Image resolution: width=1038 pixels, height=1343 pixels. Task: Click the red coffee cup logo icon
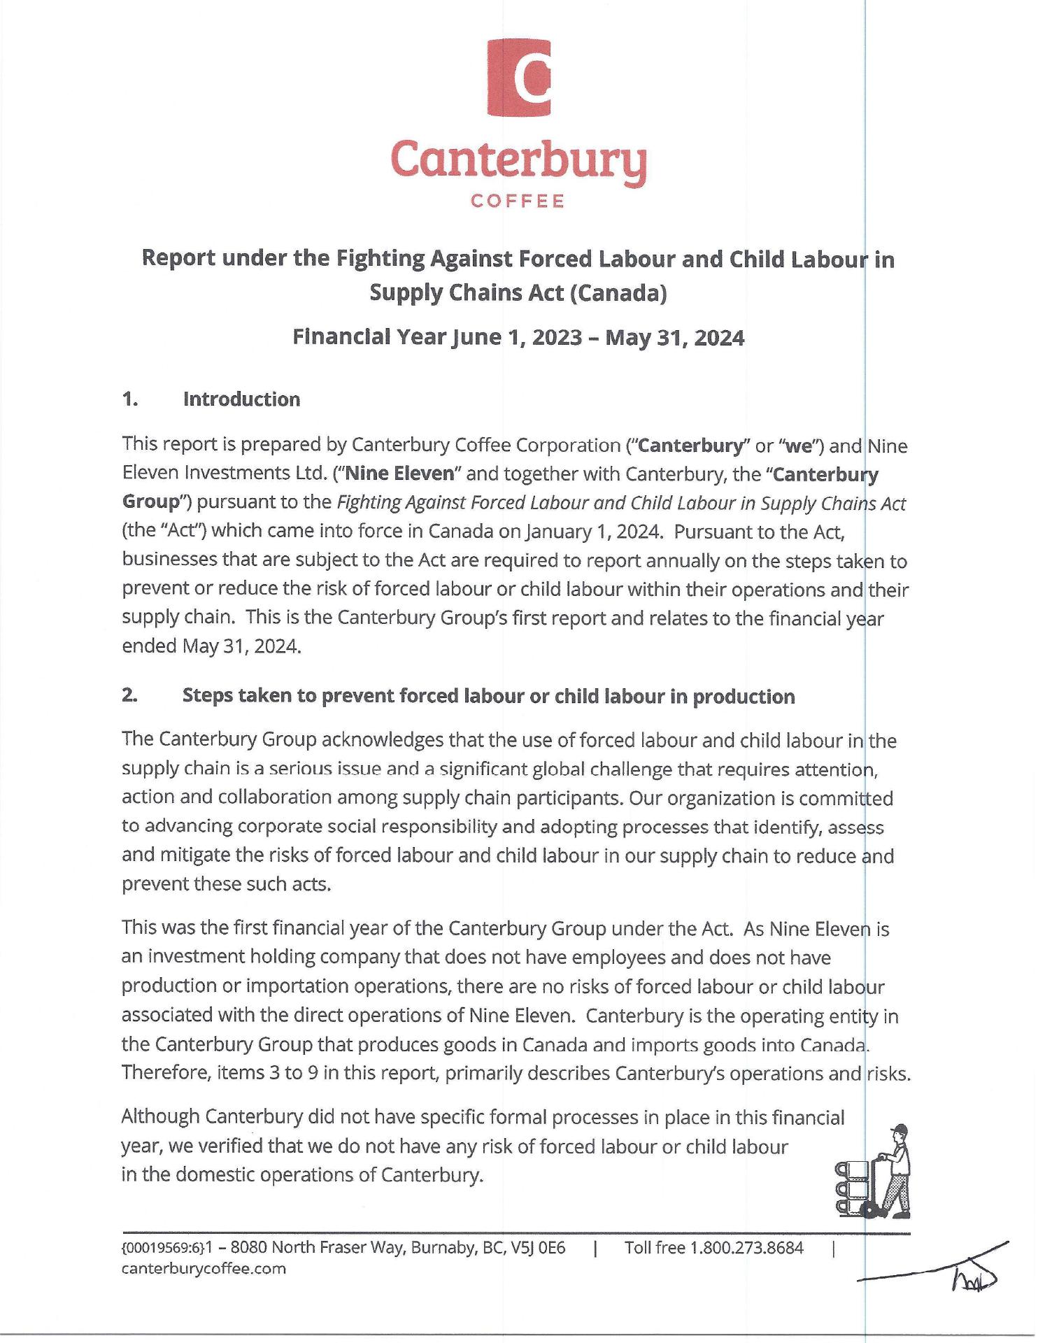518,78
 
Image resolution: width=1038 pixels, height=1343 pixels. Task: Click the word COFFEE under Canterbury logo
518,201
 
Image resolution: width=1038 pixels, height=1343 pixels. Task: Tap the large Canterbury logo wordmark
518,160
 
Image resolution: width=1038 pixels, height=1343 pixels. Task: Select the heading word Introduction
241,399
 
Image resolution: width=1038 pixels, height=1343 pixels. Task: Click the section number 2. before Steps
129,696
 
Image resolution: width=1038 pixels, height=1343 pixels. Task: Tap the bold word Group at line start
152,502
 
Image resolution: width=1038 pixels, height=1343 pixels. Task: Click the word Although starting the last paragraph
160,1117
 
